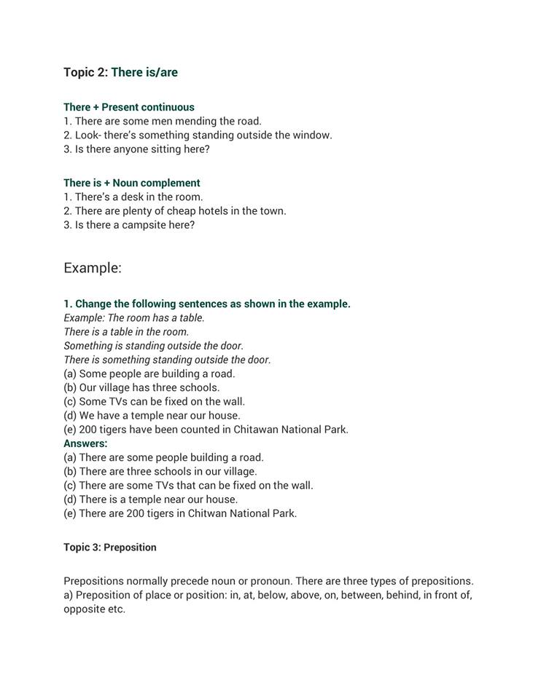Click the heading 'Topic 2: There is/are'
tap(120, 72)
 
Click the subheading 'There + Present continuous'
tap(129, 107)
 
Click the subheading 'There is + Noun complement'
tap(131, 183)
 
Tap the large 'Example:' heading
tap(93, 267)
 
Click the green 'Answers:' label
tap(85, 443)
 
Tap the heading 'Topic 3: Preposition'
tap(110, 547)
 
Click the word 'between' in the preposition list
tap(372, 595)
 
